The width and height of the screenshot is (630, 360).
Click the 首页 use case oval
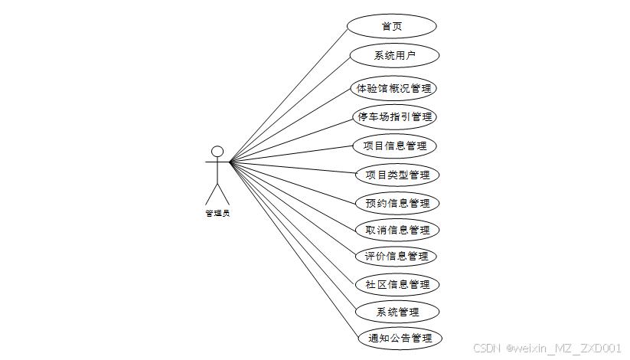click(392, 26)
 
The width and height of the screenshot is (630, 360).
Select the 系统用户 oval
click(394, 55)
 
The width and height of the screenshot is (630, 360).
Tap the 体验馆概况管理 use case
click(394, 88)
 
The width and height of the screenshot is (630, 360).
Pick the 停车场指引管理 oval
click(396, 117)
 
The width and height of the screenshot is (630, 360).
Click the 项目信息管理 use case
click(394, 146)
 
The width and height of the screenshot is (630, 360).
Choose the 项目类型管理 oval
click(397, 175)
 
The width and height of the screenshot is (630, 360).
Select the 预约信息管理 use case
click(397, 204)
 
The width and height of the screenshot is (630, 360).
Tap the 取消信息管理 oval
click(397, 230)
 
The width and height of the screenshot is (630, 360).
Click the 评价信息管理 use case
click(396, 256)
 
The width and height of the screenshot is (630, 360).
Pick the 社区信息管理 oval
click(397, 284)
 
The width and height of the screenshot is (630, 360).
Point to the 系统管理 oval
click(398, 312)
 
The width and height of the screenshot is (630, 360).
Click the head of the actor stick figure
click(217, 151)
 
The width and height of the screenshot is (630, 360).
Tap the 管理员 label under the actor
click(217, 214)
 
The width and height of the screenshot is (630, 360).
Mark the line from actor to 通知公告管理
click(294, 250)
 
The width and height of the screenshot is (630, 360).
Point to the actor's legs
click(217, 194)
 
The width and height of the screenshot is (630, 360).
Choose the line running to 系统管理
click(293, 237)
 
